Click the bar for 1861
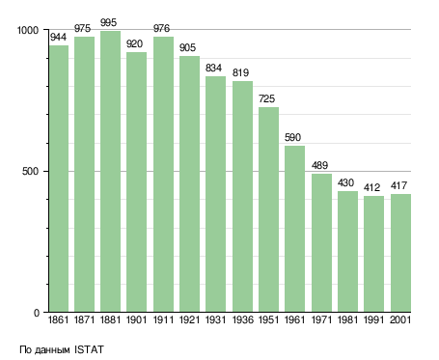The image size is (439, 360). [59, 179]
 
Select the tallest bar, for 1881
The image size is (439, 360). [110, 172]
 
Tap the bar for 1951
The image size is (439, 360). [268, 209]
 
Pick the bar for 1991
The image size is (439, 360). [373, 254]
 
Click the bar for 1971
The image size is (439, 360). [321, 243]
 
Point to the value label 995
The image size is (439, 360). [108, 23]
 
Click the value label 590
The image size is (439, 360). [292, 137]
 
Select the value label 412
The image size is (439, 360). [371, 187]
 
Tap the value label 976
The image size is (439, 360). [161, 28]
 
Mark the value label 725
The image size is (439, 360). [266, 98]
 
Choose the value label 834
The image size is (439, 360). [213, 68]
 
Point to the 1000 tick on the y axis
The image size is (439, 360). [28, 30]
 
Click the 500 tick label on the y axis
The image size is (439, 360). [31, 171]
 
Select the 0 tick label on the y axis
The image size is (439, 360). [37, 313]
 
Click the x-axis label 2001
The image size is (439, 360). [400, 319]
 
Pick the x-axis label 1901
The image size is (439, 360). [137, 319]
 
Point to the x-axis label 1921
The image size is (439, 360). [189, 319]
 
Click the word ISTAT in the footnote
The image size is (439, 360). [90, 349]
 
